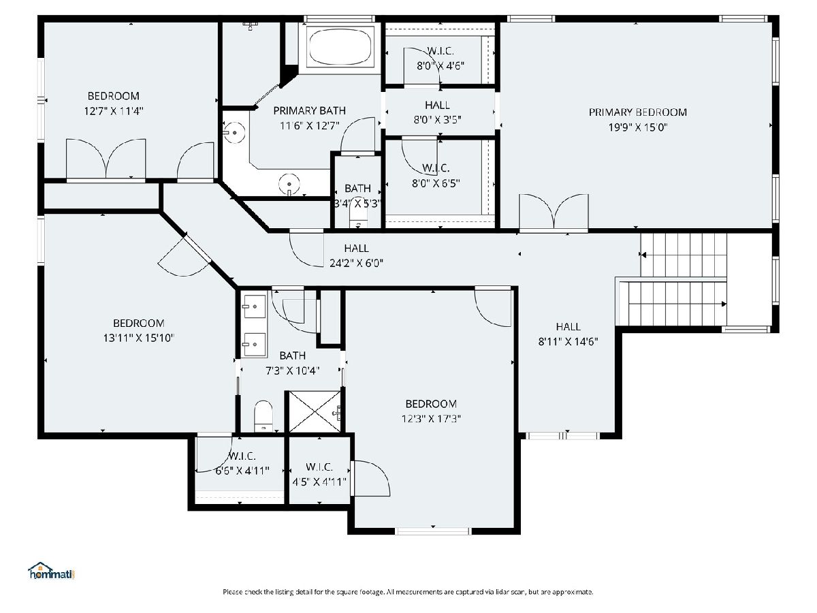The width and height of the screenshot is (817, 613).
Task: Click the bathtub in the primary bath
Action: pos(340,46)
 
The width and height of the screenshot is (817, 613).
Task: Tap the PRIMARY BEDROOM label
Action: pos(637,112)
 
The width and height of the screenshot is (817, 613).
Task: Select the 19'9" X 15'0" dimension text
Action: pos(637,127)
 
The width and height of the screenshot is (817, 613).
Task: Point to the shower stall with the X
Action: pos(315,411)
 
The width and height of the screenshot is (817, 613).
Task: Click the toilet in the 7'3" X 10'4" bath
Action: pos(263,416)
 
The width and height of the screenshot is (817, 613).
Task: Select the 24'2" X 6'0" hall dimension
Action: pos(356,264)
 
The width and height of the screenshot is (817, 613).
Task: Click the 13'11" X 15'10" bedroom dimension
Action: pos(139,339)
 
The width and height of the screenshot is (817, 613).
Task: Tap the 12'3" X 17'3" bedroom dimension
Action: pos(431,419)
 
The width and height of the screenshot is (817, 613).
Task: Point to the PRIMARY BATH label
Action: pos(309,110)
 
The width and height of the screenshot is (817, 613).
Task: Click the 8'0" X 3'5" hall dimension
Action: pos(437,120)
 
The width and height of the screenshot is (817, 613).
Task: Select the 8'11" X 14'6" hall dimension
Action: pos(568,342)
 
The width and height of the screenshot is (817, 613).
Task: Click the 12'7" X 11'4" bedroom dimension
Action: pos(114,111)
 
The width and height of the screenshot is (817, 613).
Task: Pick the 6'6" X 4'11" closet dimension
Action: pos(242,471)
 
